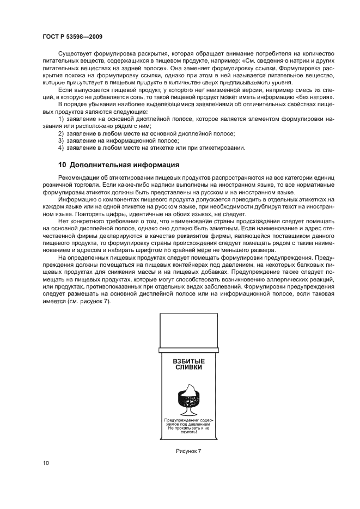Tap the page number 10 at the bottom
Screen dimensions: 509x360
pyautogui.click(x=46, y=463)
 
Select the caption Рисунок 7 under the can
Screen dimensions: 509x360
pyautogui.click(x=188, y=451)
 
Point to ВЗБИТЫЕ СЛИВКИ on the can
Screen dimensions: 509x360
pyautogui.click(x=188, y=364)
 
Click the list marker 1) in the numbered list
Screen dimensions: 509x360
pyautogui.click(x=62, y=118)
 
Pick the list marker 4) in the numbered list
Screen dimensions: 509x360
pyautogui.click(x=62, y=148)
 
